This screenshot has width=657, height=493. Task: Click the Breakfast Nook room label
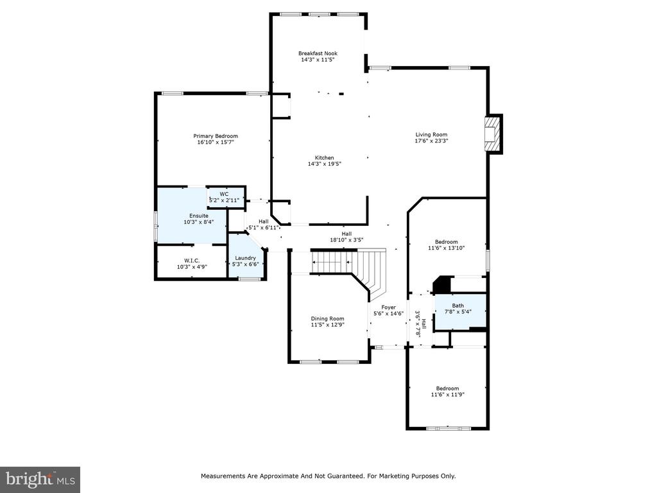[318, 53]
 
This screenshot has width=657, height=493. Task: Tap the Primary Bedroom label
[216, 136]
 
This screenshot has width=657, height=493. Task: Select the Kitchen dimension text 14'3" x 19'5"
[324, 164]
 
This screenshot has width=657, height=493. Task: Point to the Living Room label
[431, 135]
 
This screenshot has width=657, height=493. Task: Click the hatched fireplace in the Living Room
[493, 134]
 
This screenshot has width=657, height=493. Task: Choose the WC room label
[224, 194]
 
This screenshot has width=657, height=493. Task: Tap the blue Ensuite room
[192, 215]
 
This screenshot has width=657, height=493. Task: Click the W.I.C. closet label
[192, 261]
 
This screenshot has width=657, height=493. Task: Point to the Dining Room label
[327, 318]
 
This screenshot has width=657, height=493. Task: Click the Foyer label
[388, 307]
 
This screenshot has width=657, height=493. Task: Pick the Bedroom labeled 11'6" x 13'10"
[447, 245]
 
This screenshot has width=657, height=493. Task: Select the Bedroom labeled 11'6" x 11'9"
[447, 392]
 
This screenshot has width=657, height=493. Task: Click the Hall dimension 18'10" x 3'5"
[346, 240]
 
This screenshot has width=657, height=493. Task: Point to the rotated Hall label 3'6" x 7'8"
[420, 324]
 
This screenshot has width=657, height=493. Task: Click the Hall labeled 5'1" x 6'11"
[264, 225]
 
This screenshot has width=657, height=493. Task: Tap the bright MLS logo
[40, 480]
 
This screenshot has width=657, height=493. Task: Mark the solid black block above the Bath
[441, 284]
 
